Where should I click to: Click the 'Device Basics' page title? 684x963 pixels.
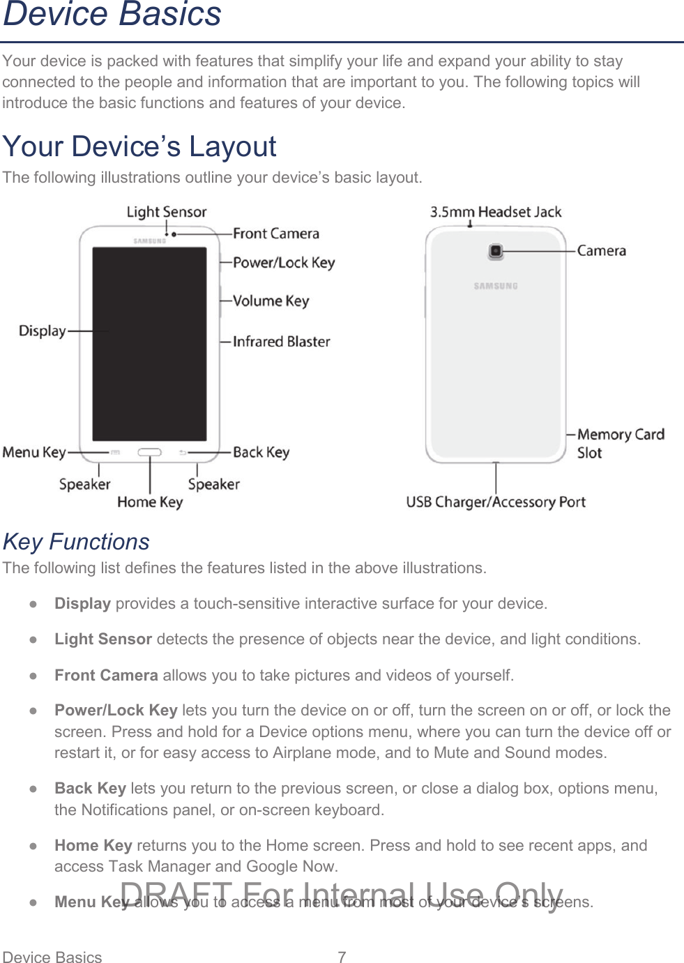click(112, 15)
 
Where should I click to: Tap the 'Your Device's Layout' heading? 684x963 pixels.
click(139, 146)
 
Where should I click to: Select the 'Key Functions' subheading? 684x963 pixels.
click(76, 542)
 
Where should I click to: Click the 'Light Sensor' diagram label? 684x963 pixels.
click(166, 212)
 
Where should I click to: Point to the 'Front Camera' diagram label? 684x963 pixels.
click(275, 234)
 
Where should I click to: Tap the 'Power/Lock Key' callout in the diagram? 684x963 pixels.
click(284, 263)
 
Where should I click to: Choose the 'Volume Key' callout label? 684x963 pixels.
click(271, 301)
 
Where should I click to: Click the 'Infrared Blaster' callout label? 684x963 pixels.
click(281, 342)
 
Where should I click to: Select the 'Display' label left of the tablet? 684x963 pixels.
click(42, 331)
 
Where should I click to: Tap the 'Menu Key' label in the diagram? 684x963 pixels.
click(33, 453)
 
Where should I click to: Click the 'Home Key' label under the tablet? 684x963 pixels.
click(150, 502)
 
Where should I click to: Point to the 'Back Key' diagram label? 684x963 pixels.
click(261, 453)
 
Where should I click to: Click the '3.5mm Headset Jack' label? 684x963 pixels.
click(495, 212)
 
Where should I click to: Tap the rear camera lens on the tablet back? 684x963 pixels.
click(495, 251)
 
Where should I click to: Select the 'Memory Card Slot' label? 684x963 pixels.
click(620, 443)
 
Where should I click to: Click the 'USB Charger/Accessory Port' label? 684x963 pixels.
click(495, 502)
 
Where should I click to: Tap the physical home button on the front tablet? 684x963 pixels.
click(149, 453)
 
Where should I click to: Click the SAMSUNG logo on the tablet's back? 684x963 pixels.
click(496, 286)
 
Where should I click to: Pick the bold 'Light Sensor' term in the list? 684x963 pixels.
click(103, 639)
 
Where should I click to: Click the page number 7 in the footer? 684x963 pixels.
click(342, 957)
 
